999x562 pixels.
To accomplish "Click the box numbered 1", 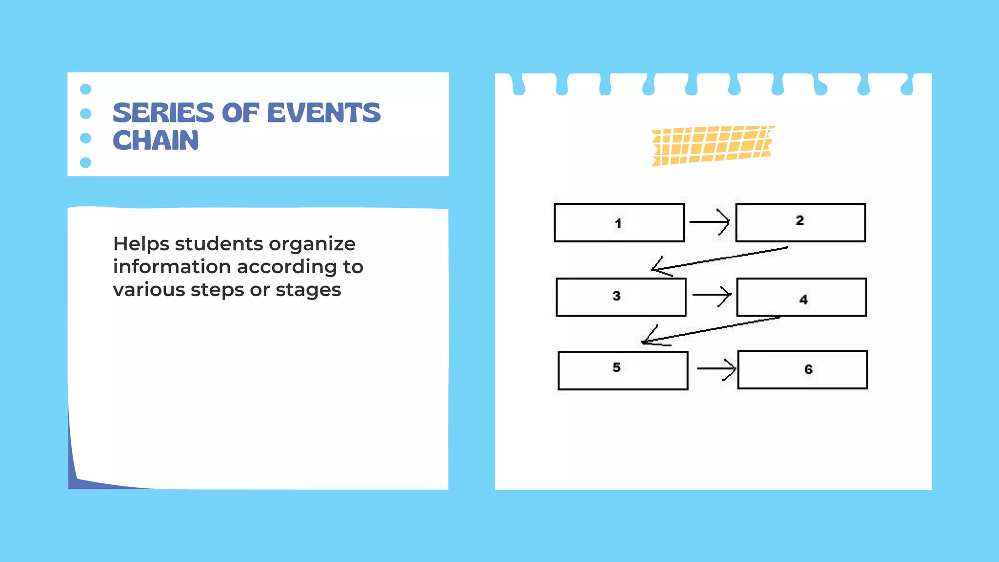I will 619,223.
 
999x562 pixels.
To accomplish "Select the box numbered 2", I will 800,222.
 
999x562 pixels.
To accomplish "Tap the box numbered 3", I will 621,297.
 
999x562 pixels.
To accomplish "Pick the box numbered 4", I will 801,298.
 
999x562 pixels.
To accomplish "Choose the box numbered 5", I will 623,370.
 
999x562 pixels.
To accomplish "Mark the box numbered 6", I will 802,370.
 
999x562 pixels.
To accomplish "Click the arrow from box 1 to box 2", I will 710,222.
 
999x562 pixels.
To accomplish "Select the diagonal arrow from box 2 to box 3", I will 720,259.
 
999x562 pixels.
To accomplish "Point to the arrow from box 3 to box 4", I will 712,295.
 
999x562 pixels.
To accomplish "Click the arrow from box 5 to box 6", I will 716,369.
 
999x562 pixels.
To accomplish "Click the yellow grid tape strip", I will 712,145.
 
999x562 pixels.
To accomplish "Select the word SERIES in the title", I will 163,113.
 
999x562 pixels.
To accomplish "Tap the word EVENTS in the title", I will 324,113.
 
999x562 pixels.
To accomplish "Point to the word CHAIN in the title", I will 156,141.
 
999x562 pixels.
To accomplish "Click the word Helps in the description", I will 141,244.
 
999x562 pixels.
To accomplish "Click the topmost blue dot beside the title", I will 85,89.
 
